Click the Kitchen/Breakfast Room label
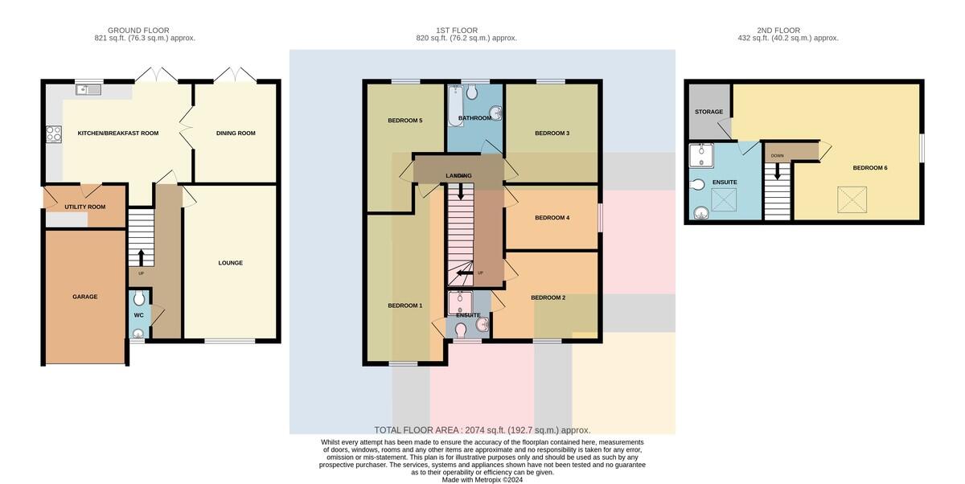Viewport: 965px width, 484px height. [118, 133]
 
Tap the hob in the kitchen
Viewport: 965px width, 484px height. [54, 133]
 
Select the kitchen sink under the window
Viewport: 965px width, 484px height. [88, 89]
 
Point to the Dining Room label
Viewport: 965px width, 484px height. [236, 133]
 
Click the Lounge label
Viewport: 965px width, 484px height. [231, 263]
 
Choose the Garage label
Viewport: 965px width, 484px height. [85, 297]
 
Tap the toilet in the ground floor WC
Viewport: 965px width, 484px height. [138, 298]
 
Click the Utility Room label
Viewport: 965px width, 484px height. [85, 207]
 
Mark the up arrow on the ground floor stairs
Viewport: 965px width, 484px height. [141, 257]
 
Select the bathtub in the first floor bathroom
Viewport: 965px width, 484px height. [455, 106]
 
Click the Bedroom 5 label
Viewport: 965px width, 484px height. [405, 121]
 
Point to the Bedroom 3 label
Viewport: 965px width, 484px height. [552, 133]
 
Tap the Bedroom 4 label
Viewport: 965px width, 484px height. [552, 218]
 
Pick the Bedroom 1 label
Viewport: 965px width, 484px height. [405, 306]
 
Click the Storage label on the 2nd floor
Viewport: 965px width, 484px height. [708, 112]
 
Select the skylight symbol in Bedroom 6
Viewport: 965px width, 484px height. [852, 199]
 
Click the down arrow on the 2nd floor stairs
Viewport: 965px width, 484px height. [777, 170]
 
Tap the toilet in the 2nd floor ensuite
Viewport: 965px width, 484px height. [697, 185]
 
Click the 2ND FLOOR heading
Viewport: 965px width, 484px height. [778, 31]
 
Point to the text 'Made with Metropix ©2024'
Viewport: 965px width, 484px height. [482, 480]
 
